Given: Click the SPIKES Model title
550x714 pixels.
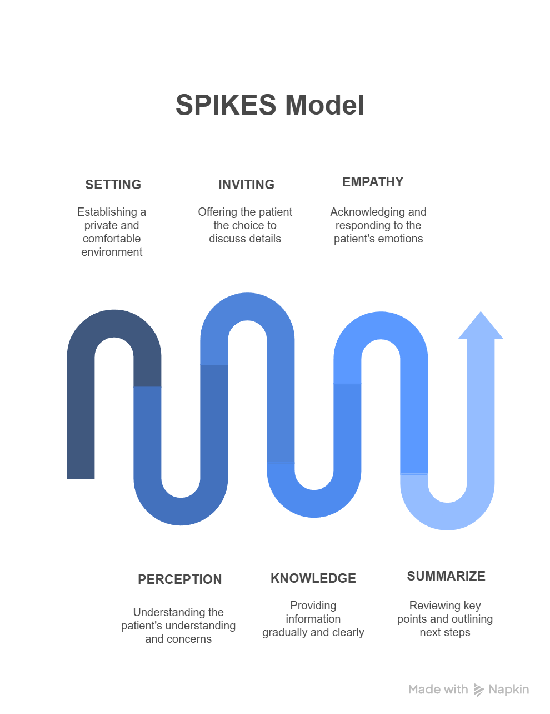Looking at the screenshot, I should [270, 105].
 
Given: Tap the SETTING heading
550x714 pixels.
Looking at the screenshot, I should [113, 185].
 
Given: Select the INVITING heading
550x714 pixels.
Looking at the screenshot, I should [246, 185].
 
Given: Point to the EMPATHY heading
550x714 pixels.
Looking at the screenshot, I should [373, 182].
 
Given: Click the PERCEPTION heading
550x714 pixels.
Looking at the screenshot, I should [179, 579].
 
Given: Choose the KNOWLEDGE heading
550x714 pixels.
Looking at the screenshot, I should [313, 578].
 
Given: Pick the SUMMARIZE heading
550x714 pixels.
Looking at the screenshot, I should [446, 576].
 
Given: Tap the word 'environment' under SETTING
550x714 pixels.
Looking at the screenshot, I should [112, 252].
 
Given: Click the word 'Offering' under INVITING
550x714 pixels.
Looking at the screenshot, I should [218, 212].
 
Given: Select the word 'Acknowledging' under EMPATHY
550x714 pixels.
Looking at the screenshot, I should [362, 212].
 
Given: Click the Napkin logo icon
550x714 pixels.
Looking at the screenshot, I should [478, 690].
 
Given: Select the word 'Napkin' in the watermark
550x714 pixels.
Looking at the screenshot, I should [508, 690].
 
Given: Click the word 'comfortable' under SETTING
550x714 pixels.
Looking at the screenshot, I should [112, 239].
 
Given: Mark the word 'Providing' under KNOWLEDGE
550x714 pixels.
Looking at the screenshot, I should [313, 606].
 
